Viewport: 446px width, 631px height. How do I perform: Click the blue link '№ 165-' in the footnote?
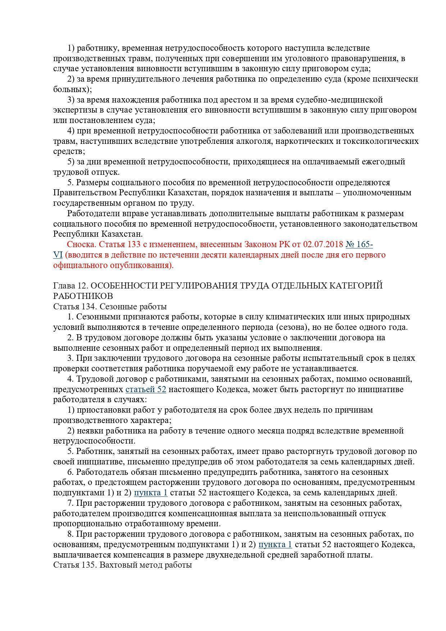[359, 245]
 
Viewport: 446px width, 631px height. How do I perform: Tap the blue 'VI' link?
[58, 255]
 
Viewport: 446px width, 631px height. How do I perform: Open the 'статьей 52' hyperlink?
[146, 389]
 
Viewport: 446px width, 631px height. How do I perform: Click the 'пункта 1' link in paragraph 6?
[151, 492]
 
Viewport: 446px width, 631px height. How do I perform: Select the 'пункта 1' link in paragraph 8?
[275, 544]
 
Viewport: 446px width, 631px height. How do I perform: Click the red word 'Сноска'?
[81, 245]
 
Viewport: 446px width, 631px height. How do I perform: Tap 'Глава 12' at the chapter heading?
[69, 286]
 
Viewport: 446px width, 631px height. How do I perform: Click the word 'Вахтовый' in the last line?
[117, 565]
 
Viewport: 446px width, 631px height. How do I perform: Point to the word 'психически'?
[398, 79]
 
